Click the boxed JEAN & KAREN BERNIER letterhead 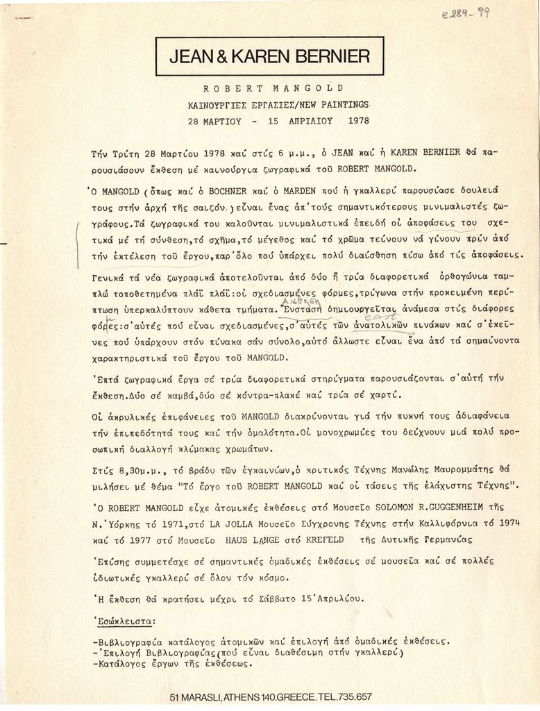point(270,56)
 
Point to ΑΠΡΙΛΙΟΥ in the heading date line point(305,120)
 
